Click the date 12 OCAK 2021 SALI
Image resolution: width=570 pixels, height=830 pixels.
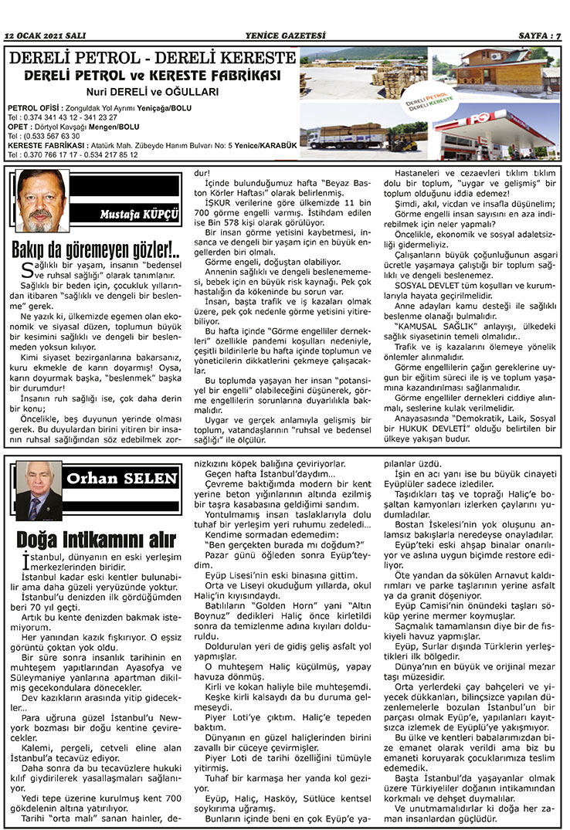(46, 36)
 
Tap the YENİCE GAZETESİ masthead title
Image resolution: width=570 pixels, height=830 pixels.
(285, 36)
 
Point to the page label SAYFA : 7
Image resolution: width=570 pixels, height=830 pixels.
(538, 36)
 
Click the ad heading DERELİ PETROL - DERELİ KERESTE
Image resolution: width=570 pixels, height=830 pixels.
(152, 58)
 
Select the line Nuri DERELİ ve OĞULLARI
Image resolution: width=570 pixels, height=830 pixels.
(152, 91)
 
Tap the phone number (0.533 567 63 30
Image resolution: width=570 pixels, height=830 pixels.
(34, 136)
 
